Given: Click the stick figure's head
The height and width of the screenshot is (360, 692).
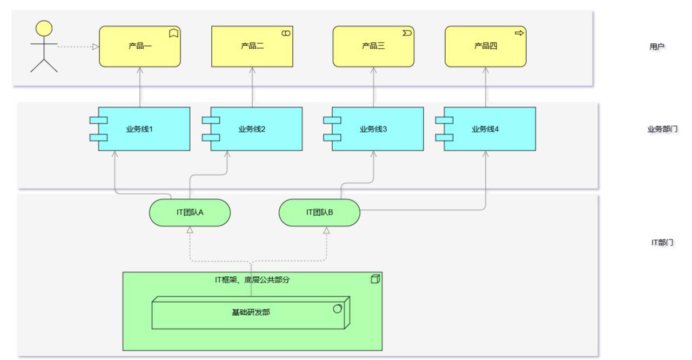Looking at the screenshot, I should [x=44, y=29].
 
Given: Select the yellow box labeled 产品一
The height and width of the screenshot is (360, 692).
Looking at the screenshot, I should [x=139, y=46].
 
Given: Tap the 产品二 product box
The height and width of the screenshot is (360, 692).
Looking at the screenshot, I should [x=252, y=46].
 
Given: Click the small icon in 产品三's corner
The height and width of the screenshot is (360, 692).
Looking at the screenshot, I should [x=407, y=33].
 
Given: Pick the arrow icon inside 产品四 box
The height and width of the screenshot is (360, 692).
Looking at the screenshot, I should [x=519, y=33].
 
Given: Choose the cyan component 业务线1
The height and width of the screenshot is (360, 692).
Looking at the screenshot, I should [x=144, y=129].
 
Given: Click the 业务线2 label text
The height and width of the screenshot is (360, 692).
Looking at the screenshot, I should [x=252, y=129].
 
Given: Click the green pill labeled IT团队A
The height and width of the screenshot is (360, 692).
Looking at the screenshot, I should [x=190, y=212].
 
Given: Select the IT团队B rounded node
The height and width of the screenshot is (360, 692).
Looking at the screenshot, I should [x=319, y=212].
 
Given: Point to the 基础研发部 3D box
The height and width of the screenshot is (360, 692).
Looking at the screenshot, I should [x=250, y=312].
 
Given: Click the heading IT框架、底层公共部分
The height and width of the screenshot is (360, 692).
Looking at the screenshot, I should [x=253, y=279].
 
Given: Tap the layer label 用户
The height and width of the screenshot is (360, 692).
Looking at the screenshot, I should [x=657, y=47].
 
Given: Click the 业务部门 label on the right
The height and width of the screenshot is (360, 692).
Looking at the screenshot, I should [x=662, y=129].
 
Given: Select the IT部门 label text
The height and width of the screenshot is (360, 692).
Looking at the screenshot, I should [x=662, y=243].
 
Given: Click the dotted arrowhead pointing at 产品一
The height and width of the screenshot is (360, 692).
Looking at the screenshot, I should [x=96, y=47].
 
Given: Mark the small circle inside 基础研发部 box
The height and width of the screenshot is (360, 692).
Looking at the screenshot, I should [x=337, y=309].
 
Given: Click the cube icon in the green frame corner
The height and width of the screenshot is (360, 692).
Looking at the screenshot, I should [x=375, y=279].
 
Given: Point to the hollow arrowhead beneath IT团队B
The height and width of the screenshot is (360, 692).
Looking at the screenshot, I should [x=326, y=231].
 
